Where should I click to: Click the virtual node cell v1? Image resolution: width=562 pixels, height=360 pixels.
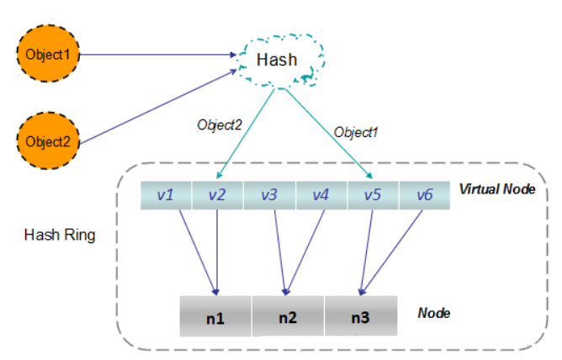coord(166,195)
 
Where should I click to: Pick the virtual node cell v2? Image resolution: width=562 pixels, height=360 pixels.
coord(217,195)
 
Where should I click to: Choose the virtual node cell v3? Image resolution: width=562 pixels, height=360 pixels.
coord(268,195)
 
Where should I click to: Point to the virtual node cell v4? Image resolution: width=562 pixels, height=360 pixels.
coord(321,195)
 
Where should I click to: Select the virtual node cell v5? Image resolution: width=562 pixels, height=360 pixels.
coord(372,195)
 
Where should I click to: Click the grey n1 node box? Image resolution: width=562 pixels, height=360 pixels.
coord(215,315)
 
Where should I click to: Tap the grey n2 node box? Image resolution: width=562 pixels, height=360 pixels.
coord(288,315)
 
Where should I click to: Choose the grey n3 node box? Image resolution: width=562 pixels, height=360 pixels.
coord(360,315)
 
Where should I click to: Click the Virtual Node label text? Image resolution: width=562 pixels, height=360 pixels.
coord(496,188)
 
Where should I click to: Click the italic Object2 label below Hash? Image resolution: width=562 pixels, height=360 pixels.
coord(220,124)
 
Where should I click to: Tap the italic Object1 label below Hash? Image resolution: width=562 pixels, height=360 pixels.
coord(357,132)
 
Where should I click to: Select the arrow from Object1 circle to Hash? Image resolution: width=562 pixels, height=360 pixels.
coord(160,56)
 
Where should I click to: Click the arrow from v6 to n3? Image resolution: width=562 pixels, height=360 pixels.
coord(392,251)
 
